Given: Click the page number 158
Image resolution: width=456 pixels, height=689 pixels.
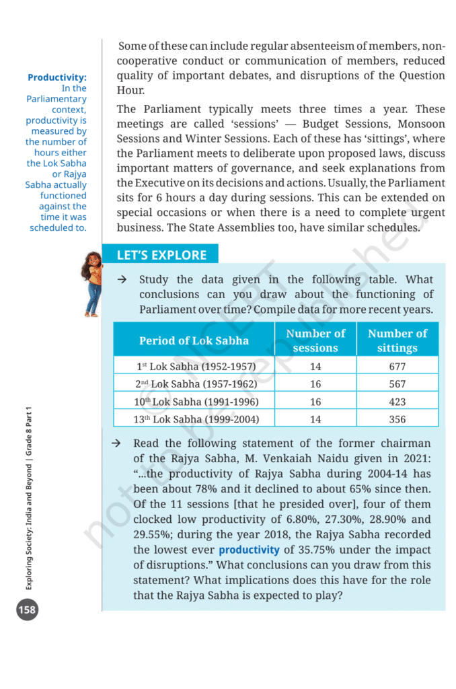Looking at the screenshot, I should coord(27,610).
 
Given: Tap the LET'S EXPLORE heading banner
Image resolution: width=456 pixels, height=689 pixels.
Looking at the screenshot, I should coord(161,255).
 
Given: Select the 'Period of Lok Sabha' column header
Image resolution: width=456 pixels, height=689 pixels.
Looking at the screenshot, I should coord(194,340).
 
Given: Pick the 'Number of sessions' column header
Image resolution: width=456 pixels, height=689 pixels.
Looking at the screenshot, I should coord(315,340).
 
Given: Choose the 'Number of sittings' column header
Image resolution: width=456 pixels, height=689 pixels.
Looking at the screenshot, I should coord(397,340).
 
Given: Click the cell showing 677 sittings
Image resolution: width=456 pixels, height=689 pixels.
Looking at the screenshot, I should coord(397,367).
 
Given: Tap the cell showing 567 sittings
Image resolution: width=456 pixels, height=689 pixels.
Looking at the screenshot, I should coord(397,384).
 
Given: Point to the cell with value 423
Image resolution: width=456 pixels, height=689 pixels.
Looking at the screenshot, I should coord(397,402).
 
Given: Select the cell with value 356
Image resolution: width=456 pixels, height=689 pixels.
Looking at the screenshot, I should coord(397,419).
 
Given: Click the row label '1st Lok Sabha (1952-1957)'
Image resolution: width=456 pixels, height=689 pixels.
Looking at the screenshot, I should coord(194,367).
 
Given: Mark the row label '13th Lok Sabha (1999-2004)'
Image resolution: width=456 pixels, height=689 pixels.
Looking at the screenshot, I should coord(194,419).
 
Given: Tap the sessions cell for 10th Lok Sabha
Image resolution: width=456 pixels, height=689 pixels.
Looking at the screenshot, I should coord(315,402).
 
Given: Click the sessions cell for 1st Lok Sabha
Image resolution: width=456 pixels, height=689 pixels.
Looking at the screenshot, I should coord(315,367).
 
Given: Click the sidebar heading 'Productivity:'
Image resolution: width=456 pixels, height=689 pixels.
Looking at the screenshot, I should coord(57,77).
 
